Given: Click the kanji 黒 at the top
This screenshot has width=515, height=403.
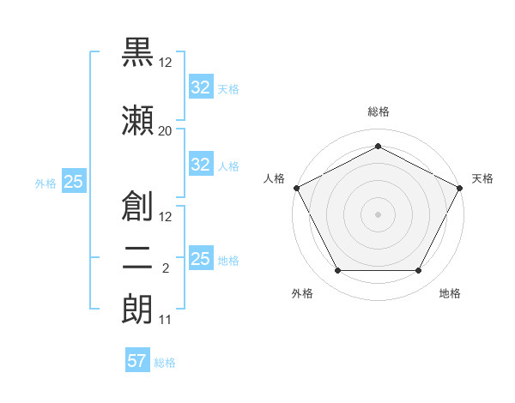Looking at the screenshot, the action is pos(137,51).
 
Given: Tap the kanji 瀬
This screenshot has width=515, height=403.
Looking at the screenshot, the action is pos(137,120).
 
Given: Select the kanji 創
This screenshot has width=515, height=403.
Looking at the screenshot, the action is pos(137,206).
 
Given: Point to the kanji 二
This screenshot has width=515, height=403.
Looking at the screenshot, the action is pos(137,259).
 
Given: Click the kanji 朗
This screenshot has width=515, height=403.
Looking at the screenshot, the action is pos(137,309).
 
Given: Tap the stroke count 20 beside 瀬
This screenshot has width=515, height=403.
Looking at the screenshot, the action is pos(165,131).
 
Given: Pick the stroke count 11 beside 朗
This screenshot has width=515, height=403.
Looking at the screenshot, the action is pos(165,320).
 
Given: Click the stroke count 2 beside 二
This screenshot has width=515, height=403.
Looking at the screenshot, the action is pos(166,268).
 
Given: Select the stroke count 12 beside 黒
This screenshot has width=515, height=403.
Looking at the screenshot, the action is pos(165,63).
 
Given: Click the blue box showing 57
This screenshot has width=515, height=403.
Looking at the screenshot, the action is pos(137,359).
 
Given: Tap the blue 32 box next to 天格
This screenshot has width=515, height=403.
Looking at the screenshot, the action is pos(202,87).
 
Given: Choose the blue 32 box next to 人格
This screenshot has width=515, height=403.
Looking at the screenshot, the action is pos(202,164).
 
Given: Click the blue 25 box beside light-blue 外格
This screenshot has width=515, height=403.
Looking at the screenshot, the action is pos(74,181).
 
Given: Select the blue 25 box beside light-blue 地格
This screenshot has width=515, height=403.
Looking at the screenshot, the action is pos(202,257).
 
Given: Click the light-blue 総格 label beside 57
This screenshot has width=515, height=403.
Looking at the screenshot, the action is pos(165,363).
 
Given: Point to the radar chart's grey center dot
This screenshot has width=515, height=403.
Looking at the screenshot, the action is pos(378,214).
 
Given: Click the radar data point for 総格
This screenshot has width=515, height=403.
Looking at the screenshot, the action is pos(378,146).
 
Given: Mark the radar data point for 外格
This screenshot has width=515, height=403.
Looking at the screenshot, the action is pos(338,270).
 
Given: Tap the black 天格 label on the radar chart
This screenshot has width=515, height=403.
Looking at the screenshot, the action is pos(482,178).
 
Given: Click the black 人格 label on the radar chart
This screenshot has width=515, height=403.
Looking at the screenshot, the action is pos(274,178).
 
